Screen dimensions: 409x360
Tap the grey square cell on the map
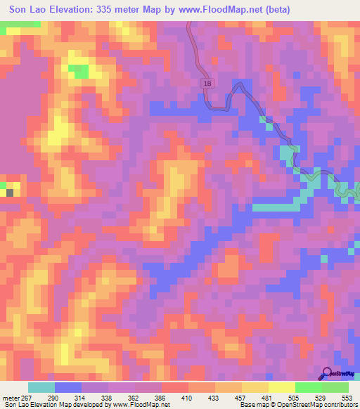point(10,191)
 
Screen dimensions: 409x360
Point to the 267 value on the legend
point(27,397)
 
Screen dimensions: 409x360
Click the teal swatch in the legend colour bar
point(41,387)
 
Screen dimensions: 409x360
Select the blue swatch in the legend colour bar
point(68,387)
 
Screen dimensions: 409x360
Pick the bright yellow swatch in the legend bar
point(282,387)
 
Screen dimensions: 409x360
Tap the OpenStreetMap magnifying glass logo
point(328,374)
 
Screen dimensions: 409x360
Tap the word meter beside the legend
point(10,397)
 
